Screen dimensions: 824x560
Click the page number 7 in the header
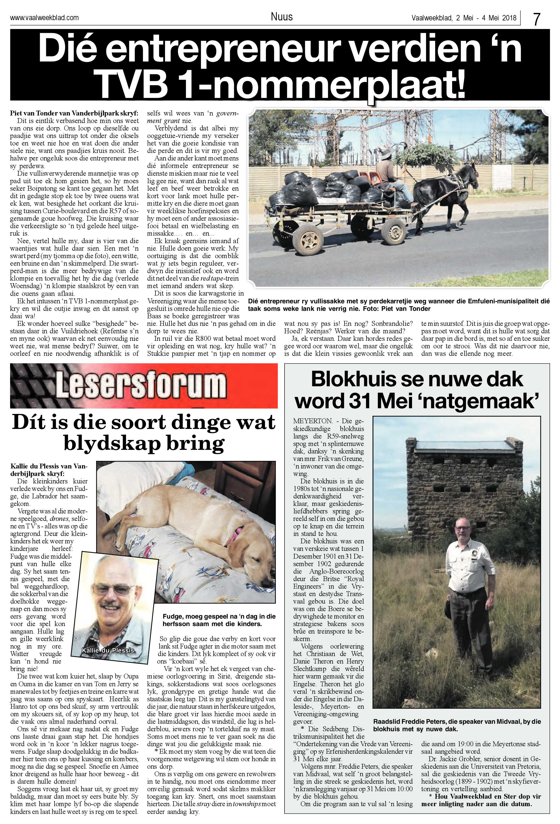point(536,18)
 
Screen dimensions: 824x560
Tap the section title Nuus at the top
point(281,17)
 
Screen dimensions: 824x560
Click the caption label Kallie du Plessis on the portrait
point(109,650)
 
